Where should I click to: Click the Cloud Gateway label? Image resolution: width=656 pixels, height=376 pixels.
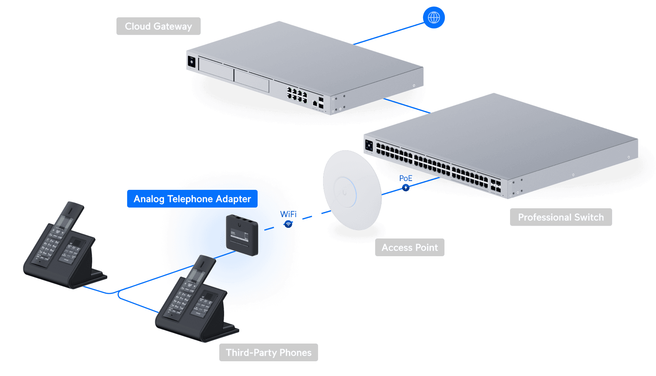[158, 26]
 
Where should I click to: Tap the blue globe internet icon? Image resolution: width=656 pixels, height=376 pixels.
[434, 17]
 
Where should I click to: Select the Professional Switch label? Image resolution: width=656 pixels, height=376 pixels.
[561, 217]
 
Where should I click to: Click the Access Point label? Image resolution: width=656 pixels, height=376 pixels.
[409, 247]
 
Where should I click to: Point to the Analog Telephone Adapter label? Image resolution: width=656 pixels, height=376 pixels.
[192, 199]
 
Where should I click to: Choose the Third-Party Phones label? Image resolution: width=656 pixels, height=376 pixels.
[268, 352]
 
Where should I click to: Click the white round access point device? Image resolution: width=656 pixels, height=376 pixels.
[352, 190]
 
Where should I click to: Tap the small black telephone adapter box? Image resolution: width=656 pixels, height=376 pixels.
[242, 235]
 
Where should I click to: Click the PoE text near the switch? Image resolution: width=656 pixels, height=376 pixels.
[406, 178]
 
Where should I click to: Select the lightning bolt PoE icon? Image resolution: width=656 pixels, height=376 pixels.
[406, 188]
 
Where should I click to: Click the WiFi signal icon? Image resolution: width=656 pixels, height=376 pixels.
[289, 224]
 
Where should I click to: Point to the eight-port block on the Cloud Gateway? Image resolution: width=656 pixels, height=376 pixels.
[297, 95]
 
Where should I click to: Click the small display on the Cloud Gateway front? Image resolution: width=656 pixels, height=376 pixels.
[192, 61]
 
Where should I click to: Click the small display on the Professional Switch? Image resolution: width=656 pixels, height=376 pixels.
[369, 146]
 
